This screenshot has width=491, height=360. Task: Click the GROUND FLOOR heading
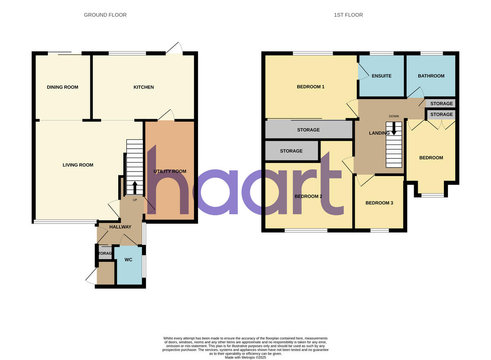pyautogui.click(x=105, y=15)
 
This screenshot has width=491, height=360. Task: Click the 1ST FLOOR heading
pyautogui.click(x=348, y=15)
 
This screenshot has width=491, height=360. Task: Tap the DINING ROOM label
pyautogui.click(x=63, y=87)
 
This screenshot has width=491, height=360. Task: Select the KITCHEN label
pyautogui.click(x=144, y=87)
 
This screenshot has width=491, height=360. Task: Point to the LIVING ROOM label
pyautogui.click(x=78, y=165)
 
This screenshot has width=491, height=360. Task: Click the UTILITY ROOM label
pyautogui.click(x=170, y=171)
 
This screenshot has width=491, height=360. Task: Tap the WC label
pyautogui.click(x=128, y=260)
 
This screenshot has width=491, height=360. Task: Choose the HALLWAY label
pyautogui.click(x=120, y=227)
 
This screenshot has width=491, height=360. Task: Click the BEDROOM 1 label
pyautogui.click(x=311, y=87)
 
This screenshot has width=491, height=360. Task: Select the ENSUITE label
pyautogui.click(x=381, y=76)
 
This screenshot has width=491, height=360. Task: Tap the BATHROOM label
pyautogui.click(x=431, y=76)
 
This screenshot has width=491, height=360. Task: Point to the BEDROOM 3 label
pyautogui.click(x=379, y=203)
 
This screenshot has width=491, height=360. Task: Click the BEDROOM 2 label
pyautogui.click(x=309, y=196)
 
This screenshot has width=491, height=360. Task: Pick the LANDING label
pyautogui.click(x=379, y=133)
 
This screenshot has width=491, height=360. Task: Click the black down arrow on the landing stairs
pyautogui.click(x=394, y=129)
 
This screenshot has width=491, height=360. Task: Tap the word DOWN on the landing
pyautogui.click(x=394, y=116)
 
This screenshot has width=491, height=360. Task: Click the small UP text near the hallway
pyautogui.click(x=135, y=200)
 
